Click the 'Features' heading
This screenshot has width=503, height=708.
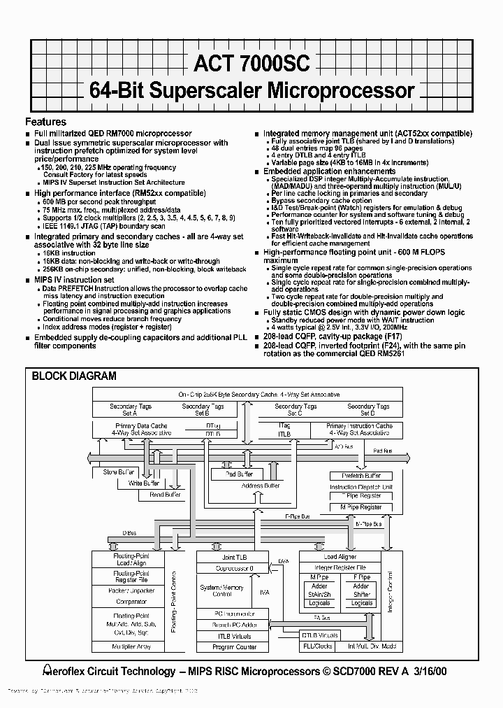46,121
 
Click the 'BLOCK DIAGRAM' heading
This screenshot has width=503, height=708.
74,376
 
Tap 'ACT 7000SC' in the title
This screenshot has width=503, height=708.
248,64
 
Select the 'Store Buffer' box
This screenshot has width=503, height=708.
119,472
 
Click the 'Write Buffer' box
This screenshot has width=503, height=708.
143,483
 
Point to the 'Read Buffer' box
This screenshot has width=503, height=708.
165,495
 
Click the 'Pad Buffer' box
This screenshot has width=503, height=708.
239,474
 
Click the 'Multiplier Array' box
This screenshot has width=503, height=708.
131,646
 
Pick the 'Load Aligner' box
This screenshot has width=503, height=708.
340,557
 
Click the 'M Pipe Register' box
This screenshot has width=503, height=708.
360,507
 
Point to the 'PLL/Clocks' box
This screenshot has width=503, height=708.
319,646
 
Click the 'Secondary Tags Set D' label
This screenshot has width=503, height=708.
367,409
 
